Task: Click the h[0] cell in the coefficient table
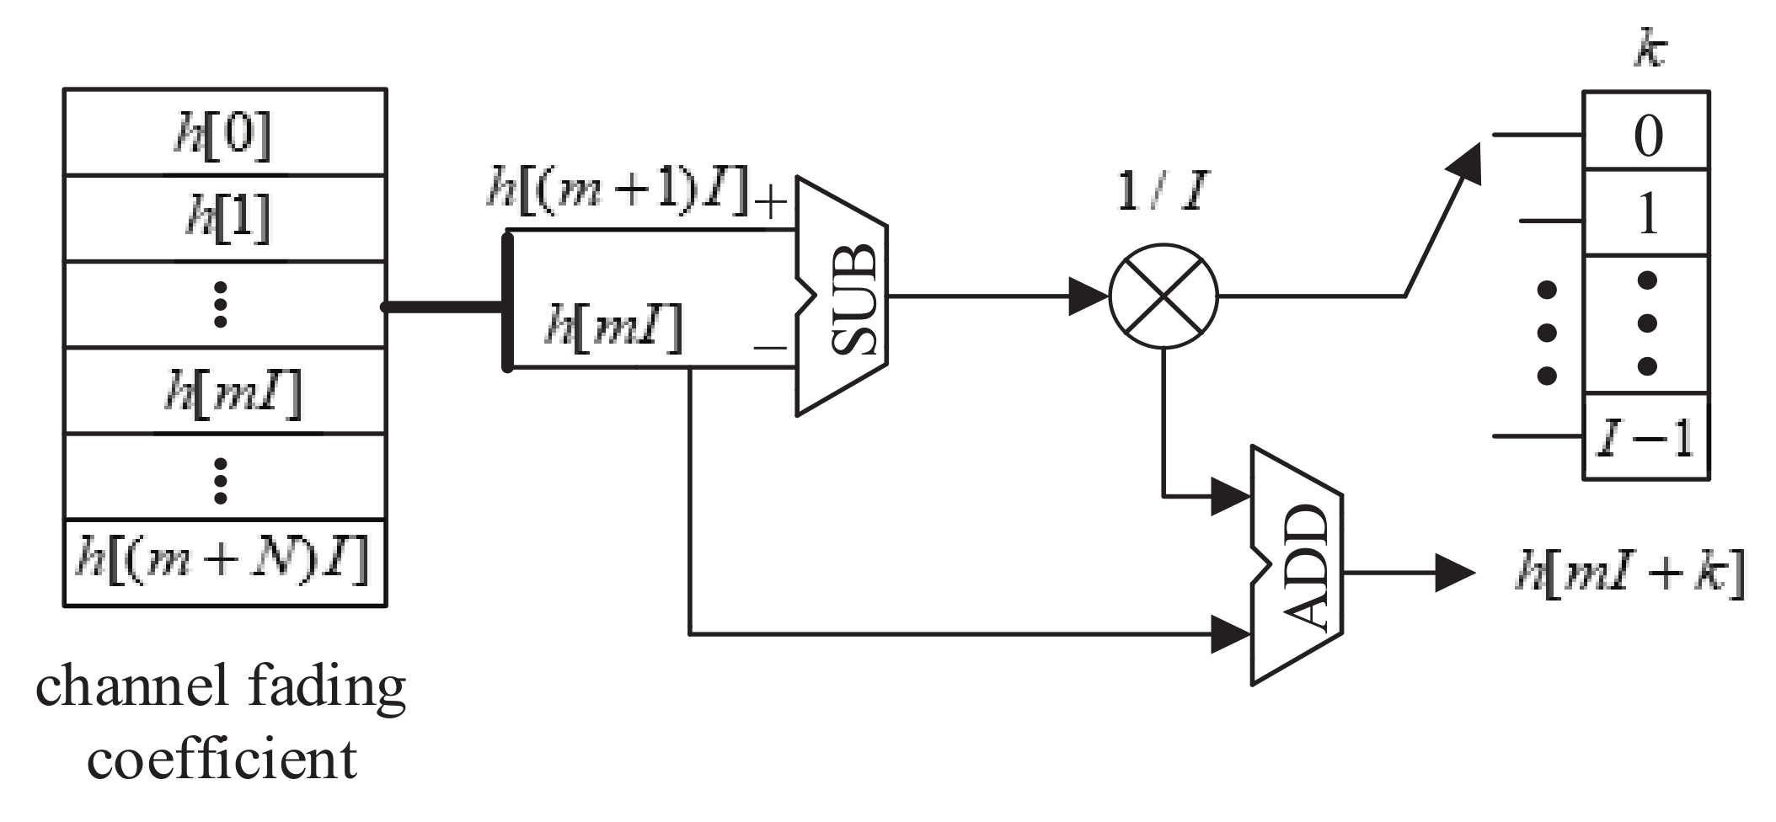224,133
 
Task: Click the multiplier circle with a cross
1163,296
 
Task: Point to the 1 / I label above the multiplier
1161,192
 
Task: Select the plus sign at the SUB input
770,203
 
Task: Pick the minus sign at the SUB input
769,346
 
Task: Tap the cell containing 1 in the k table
1647,215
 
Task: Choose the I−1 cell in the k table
1647,437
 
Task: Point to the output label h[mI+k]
1629,574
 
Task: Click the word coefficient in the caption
222,758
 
